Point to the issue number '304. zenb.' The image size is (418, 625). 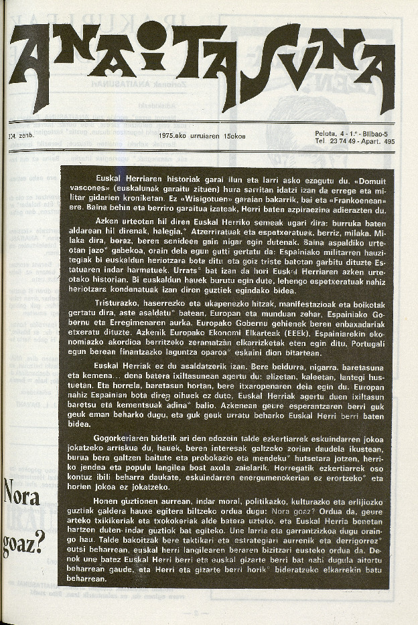15,135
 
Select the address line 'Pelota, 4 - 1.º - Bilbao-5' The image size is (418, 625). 354,133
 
